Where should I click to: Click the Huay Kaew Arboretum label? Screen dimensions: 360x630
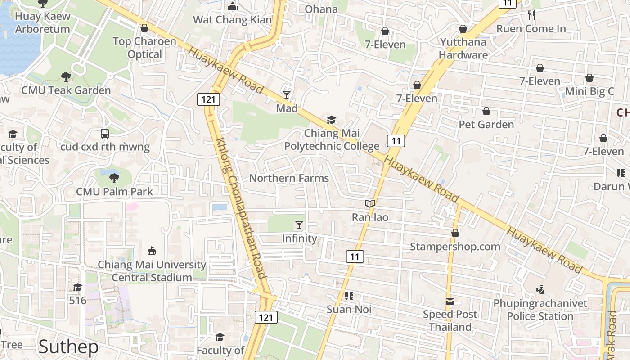(x=42, y=22)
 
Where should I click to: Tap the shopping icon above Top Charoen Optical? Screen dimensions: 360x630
(x=144, y=28)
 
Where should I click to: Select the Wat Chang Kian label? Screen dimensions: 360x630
(x=232, y=19)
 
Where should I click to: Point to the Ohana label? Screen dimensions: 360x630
(x=321, y=9)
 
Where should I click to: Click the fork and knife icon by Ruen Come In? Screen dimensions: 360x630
(x=531, y=15)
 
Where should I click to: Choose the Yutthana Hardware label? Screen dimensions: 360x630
(x=463, y=49)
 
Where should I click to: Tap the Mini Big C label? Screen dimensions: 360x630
(x=589, y=91)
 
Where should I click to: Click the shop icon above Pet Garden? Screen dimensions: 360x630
(x=486, y=111)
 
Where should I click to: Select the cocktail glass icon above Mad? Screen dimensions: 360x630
(x=287, y=94)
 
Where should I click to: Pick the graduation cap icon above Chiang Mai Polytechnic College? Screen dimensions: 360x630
(x=332, y=120)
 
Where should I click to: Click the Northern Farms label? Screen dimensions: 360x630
(x=289, y=178)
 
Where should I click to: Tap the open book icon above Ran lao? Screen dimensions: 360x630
(x=370, y=204)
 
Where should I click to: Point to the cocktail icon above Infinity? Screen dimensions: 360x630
(x=299, y=225)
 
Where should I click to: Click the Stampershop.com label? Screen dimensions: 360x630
(x=455, y=247)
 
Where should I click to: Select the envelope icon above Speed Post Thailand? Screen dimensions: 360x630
(x=450, y=301)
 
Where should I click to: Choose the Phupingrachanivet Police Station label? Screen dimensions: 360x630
(x=540, y=310)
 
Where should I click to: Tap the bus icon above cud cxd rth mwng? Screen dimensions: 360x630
(x=105, y=134)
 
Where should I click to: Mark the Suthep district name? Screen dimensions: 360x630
(x=68, y=347)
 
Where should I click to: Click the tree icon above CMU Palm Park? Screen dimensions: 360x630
(x=114, y=178)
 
